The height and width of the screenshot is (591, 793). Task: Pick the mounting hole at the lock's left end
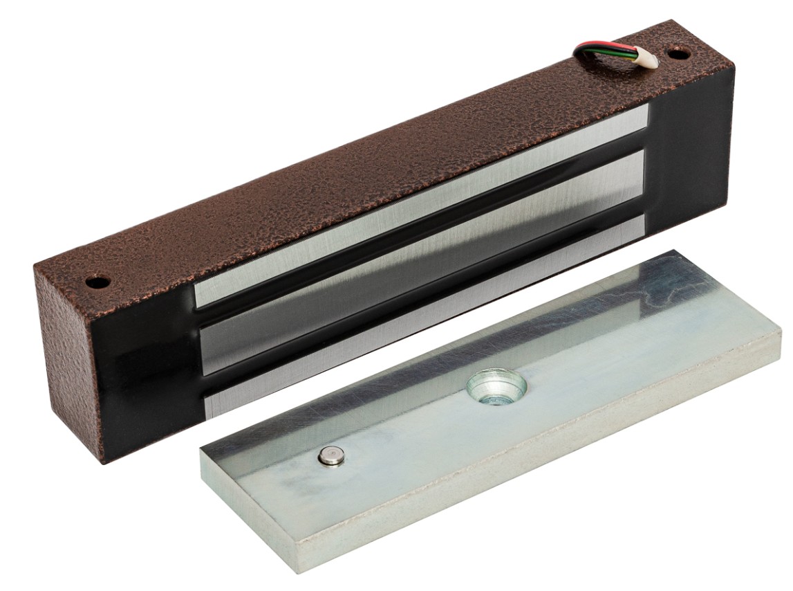(97, 282)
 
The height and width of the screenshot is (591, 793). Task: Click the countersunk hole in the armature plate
(496, 387)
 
